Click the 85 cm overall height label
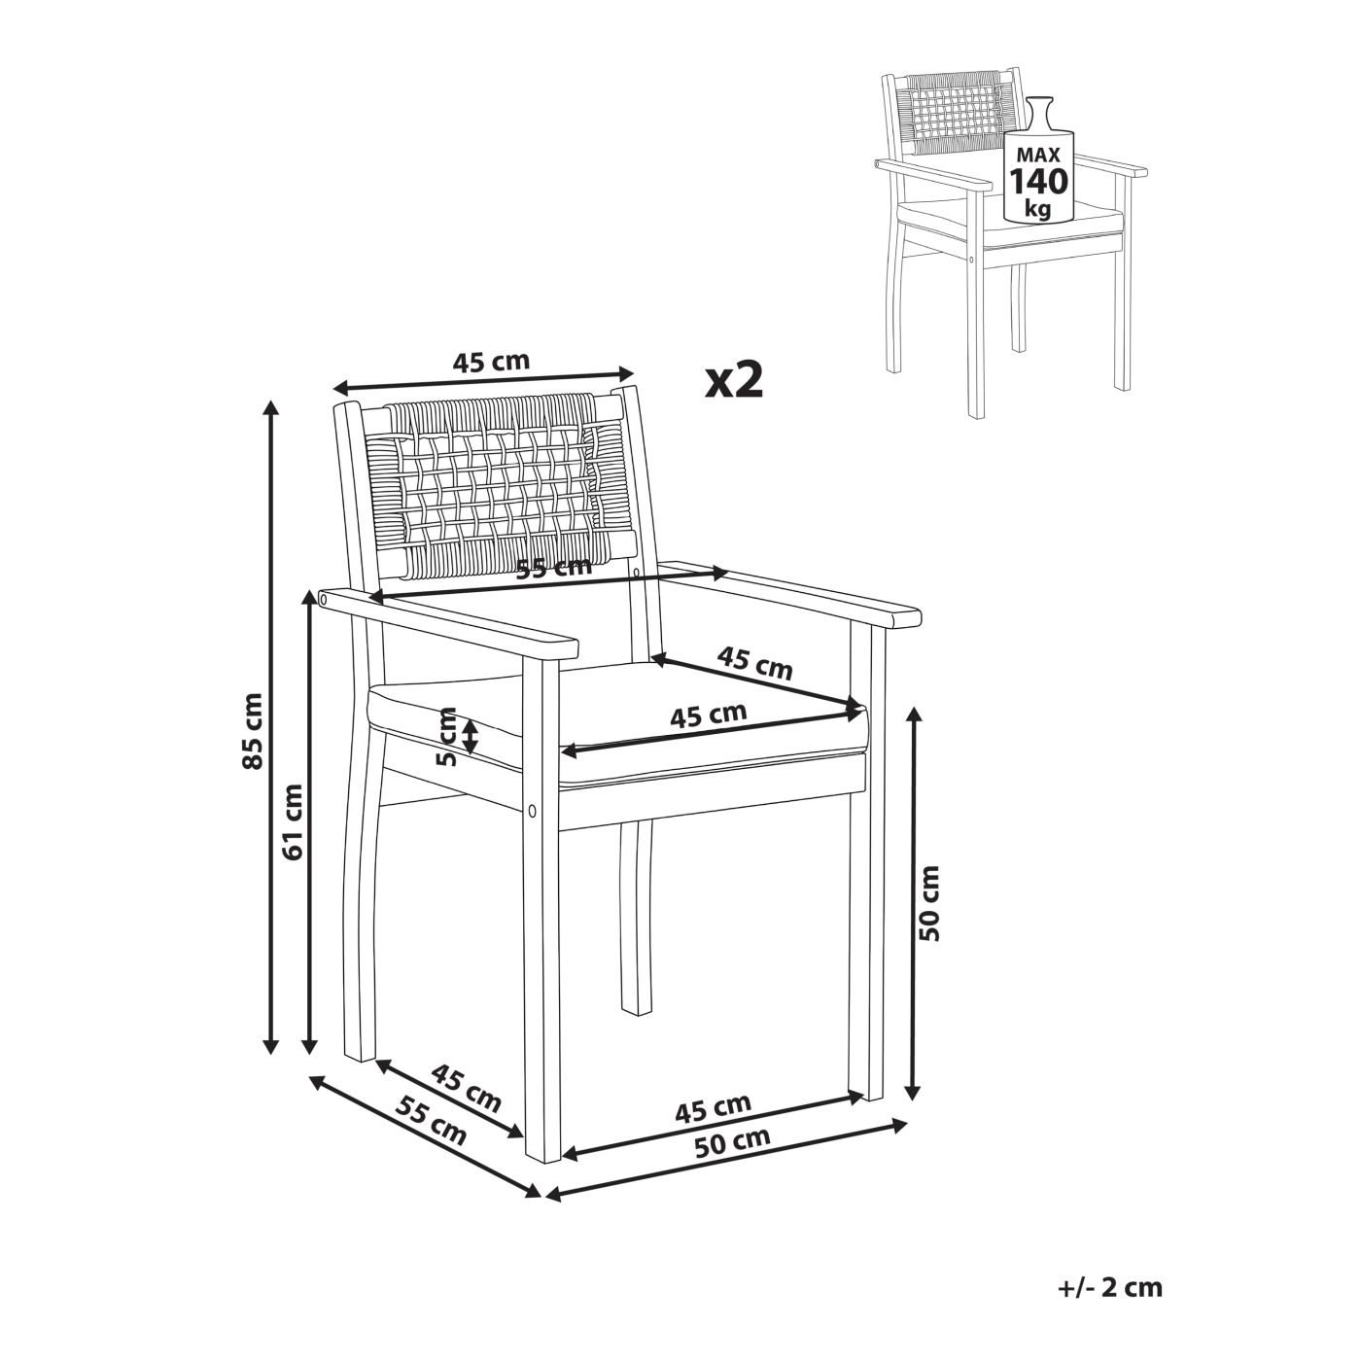point(252,730)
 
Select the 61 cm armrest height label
point(291,821)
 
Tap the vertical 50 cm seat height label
point(930,902)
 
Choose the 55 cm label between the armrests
point(554,567)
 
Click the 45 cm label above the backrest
point(491,362)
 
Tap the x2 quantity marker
point(735,380)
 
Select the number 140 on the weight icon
point(1038,182)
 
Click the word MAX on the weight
point(1038,155)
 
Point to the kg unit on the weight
point(1039,209)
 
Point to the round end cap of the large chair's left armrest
point(323,599)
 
